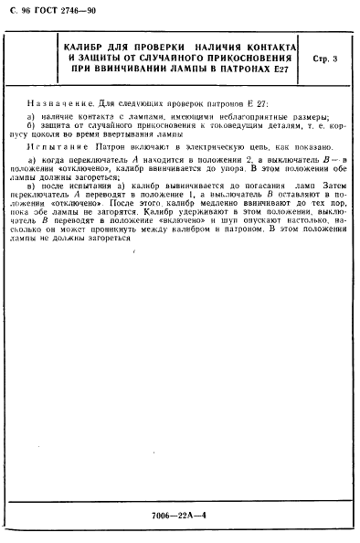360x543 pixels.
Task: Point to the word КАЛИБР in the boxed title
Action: point(90,46)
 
